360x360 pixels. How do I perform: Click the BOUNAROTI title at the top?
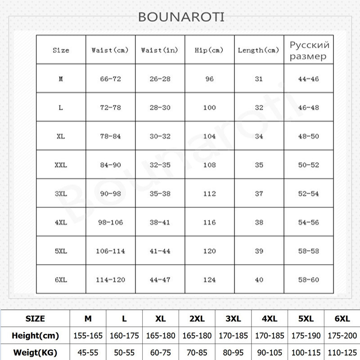point(181,17)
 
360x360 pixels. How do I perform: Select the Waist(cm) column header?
point(110,50)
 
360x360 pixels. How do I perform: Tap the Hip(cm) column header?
point(209,50)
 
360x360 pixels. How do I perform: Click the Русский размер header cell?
point(309,50)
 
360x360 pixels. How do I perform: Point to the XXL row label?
point(60,165)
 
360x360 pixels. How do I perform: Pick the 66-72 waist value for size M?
point(110,79)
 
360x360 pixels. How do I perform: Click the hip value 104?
point(209,136)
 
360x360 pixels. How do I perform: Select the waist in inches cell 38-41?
point(160,222)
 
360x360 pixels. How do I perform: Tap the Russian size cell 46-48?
point(308,108)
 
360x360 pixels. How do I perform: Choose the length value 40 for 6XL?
point(259,280)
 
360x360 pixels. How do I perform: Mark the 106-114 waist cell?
point(110,251)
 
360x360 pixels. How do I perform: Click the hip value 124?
point(209,280)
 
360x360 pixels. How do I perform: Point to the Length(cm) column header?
point(258,50)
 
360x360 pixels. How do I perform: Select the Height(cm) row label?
point(35,336)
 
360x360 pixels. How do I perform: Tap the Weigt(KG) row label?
point(35,352)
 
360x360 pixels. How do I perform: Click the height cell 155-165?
point(88,336)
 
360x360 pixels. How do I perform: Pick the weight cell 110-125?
point(342,352)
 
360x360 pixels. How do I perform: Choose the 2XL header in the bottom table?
point(197,319)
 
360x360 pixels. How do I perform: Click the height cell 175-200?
point(342,336)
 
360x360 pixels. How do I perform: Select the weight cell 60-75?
point(161,352)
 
